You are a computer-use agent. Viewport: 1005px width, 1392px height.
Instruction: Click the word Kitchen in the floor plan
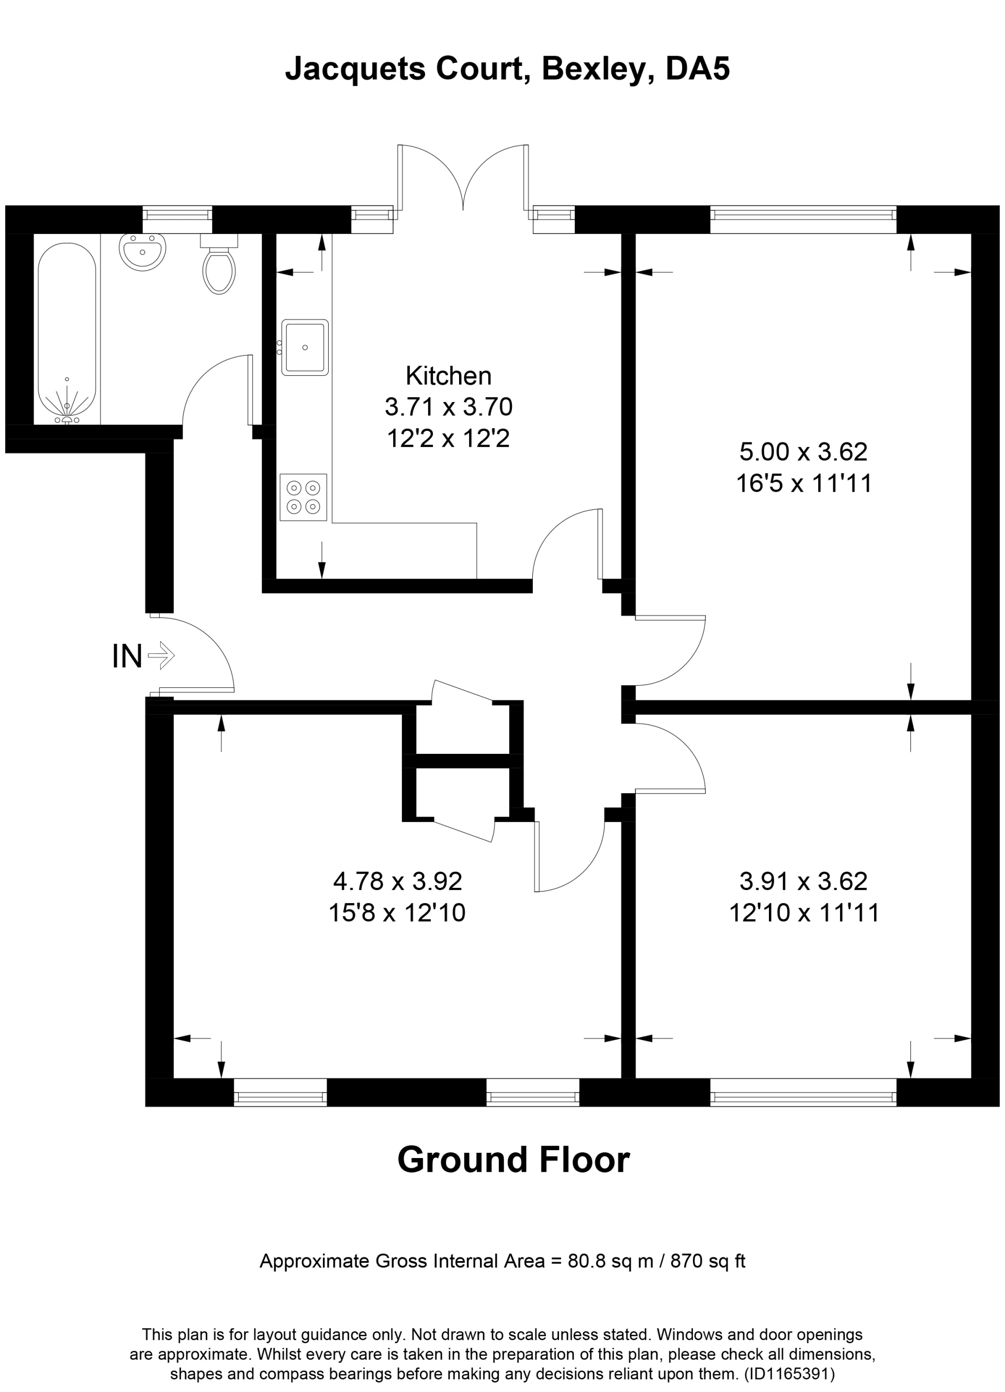[449, 376]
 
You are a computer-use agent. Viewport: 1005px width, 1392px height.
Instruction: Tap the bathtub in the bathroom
[67, 331]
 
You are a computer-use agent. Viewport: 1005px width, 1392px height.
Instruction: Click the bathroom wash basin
[143, 252]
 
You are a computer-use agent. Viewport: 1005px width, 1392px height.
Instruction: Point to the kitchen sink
[305, 348]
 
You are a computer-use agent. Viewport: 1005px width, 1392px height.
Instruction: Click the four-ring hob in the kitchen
[304, 497]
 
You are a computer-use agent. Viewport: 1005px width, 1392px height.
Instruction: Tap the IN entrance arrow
[161, 655]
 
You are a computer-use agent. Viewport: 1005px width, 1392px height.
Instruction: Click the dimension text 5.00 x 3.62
[803, 452]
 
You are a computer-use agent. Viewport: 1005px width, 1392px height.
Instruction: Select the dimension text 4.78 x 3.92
[397, 882]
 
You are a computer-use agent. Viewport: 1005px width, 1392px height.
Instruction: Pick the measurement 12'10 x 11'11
[804, 914]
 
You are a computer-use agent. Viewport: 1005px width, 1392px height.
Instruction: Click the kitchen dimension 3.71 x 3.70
[449, 407]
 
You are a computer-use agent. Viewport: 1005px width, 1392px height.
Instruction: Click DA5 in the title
[698, 69]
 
